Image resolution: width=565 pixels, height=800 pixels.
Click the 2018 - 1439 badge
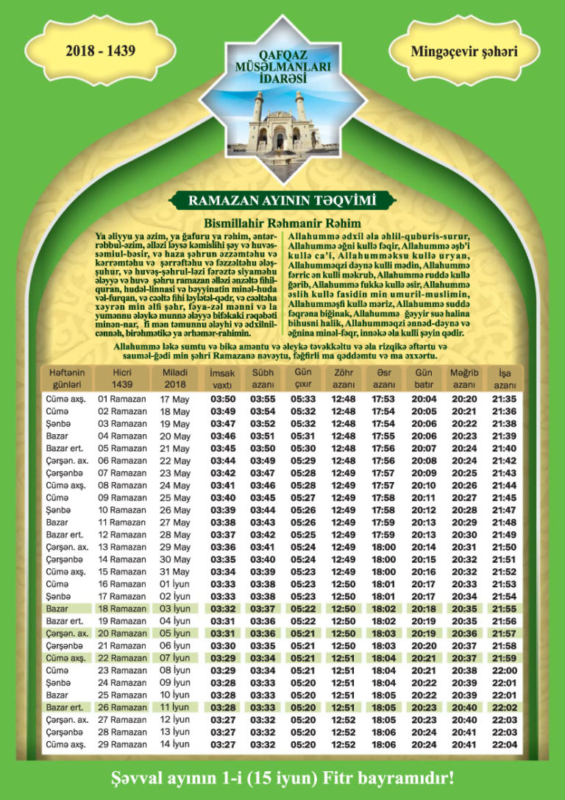[100, 52]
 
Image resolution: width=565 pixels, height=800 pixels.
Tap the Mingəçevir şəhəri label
[463, 52]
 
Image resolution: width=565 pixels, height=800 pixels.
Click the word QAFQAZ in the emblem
[282, 55]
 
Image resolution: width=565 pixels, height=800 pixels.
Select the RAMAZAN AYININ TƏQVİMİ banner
[282, 200]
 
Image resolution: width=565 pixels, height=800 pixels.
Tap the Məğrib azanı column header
[464, 378]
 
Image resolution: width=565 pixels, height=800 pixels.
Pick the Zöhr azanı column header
[344, 378]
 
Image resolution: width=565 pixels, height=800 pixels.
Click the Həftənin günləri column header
[67, 378]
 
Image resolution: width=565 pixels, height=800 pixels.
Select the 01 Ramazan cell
[122, 399]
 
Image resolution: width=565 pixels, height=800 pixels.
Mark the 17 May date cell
[174, 399]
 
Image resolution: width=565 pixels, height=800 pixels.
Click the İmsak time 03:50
[222, 399]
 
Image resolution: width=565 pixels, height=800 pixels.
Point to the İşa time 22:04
[505, 745]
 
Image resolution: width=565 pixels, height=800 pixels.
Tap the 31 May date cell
[174, 571]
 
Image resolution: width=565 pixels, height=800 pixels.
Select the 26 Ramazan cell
[122, 707]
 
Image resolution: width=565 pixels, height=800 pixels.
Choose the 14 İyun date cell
[174, 745]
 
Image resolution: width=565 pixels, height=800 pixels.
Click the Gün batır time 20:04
[424, 399]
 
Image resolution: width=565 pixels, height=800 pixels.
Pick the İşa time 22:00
[505, 670]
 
